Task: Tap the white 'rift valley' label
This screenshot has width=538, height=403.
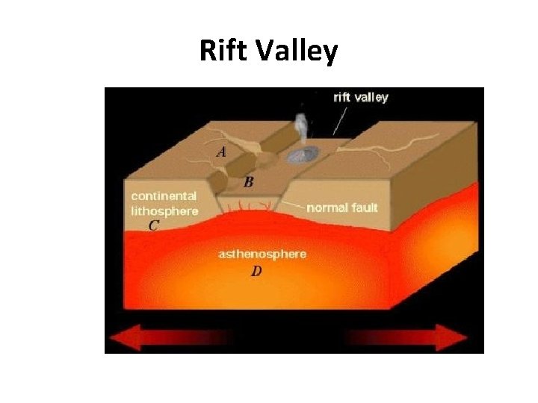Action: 360,97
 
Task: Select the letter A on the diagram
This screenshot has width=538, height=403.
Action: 221,151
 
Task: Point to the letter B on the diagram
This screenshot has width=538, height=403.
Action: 248,181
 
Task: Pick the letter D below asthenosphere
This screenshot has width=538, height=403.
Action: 256,272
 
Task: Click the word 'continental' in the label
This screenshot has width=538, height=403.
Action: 164,196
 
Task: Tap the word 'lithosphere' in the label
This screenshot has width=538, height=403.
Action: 165,210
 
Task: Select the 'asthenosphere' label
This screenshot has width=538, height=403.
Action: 262,254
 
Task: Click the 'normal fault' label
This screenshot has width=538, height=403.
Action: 342,207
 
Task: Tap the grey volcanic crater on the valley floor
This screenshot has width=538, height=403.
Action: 303,155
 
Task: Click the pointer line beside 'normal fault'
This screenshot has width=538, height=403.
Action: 293,203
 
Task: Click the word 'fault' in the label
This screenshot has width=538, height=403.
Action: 362,207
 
